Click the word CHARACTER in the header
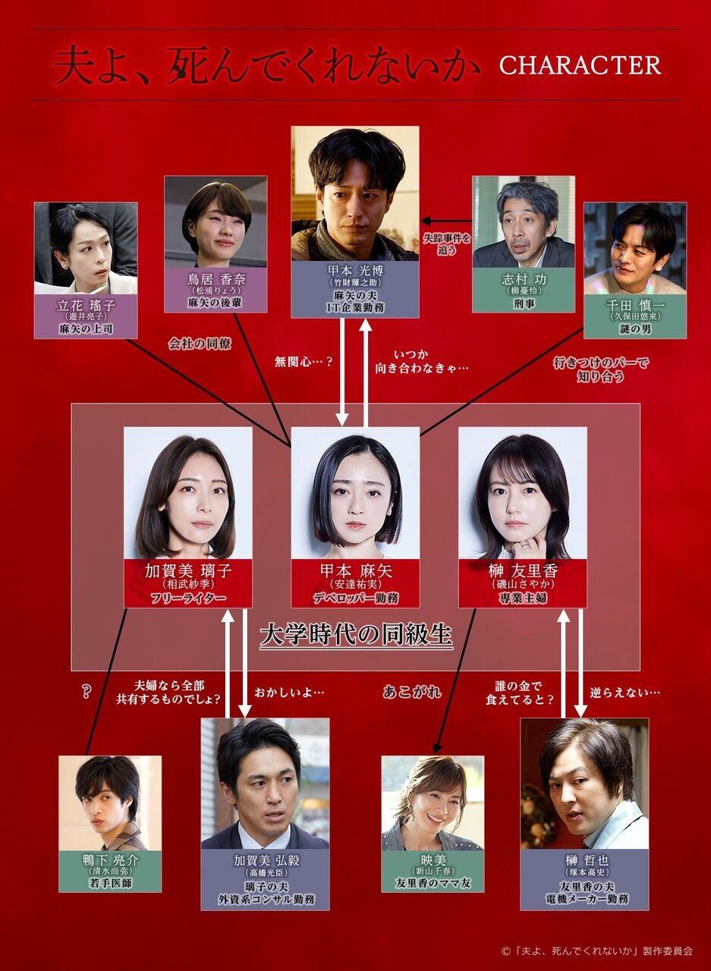(580, 65)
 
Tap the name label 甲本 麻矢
(355, 570)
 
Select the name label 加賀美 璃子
(187, 570)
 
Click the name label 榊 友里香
(522, 570)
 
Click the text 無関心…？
(304, 363)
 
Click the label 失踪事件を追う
(447, 244)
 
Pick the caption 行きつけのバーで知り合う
(600, 369)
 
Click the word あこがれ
(412, 692)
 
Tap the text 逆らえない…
(625, 692)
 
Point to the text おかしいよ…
(289, 692)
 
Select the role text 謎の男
(634, 328)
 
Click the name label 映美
(432, 860)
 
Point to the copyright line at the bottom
(596, 950)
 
